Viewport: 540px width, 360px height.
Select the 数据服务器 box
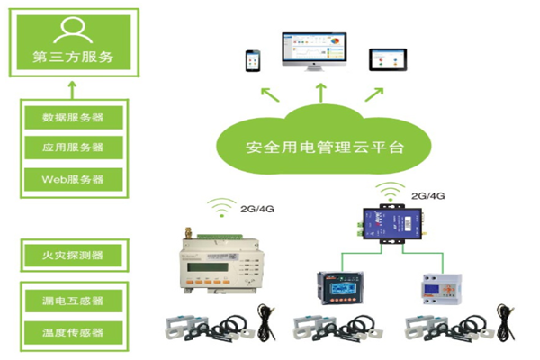point(72,118)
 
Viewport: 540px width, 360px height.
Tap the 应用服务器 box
point(72,147)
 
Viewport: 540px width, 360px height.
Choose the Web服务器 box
point(72,177)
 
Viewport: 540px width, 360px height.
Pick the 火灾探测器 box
point(72,255)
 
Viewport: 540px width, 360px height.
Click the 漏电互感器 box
point(72,301)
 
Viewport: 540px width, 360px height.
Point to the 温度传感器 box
point(72,332)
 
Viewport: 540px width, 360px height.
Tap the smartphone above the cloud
point(251,60)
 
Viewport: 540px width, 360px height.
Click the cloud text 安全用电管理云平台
point(312,146)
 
